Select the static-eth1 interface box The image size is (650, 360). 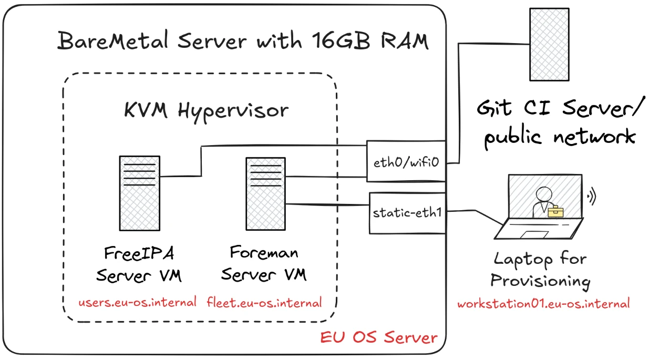[407, 213]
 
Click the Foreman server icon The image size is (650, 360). [265, 193]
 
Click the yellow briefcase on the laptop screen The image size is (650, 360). [555, 211]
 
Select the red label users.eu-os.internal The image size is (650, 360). [138, 303]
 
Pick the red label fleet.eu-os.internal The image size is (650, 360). [264, 303]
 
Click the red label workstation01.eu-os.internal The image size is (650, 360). [543, 304]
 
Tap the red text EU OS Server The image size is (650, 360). [379, 337]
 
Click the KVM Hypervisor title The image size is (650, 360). [206, 110]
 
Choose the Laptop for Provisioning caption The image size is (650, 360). [540, 270]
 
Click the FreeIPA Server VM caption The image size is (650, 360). [139, 264]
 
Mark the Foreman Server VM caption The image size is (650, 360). [264, 263]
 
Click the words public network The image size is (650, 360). [559, 137]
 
